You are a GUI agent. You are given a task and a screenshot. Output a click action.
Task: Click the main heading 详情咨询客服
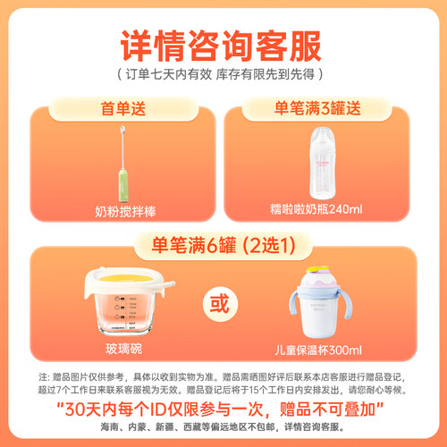coord(221,46)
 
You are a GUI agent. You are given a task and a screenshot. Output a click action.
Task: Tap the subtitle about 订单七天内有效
coord(220,74)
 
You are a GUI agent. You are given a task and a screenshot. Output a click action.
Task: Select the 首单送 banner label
coord(123,108)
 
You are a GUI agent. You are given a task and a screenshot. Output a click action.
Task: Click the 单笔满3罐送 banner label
coord(317,108)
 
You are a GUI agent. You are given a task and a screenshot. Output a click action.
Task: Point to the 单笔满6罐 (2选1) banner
coord(223,246)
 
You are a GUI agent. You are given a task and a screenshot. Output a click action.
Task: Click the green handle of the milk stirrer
coord(123,185)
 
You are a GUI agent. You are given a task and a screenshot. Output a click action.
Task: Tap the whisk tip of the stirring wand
coord(122,130)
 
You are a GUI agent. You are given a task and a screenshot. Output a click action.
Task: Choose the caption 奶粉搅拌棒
coord(125,212)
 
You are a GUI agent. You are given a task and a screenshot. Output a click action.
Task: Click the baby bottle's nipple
coord(323,133)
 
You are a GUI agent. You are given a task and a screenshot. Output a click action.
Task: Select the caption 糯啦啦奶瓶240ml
coord(316,209)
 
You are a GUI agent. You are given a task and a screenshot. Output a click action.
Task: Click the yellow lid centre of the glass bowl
coord(126,279)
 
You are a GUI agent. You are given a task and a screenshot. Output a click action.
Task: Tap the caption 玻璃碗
coord(124,349)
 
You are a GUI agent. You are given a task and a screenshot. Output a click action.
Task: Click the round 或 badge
coord(220,304)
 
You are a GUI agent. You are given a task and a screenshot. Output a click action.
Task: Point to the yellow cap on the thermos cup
coord(317,269)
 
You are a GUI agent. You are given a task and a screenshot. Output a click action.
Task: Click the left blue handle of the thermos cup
coord(294,303)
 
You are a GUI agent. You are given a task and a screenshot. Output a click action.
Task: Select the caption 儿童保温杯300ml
coord(318,350)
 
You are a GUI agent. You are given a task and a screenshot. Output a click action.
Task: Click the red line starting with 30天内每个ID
coord(220,409)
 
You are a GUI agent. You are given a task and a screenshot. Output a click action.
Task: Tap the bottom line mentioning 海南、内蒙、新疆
coord(223,426)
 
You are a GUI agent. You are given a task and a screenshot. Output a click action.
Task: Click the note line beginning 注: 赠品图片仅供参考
coord(223,377)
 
